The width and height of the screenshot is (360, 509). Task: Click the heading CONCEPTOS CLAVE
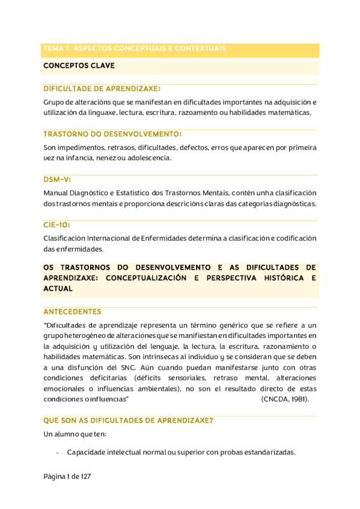click(x=79, y=65)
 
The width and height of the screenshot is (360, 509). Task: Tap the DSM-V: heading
click(x=58, y=179)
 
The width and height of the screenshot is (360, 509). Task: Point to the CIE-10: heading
click(x=56, y=225)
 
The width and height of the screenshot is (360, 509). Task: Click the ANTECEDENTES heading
click(x=72, y=312)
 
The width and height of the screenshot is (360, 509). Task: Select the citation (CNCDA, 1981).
click(x=285, y=399)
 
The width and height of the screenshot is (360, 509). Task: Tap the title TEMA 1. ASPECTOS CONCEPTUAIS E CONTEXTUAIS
click(x=135, y=48)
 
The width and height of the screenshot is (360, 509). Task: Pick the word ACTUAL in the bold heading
click(x=58, y=289)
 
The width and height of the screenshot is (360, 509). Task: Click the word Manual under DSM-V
click(x=56, y=193)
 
